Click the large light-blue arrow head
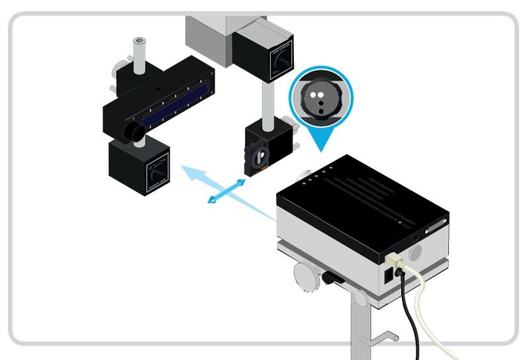[192, 175]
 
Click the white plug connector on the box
[395, 259]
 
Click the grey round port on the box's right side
[416, 252]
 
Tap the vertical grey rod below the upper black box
[265, 100]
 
